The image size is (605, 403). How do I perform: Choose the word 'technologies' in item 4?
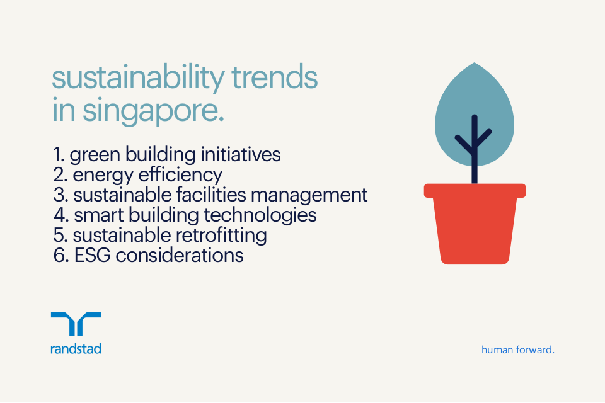pos(260,215)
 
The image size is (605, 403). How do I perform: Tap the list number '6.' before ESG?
pos(60,255)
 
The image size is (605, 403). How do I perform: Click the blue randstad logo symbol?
pos(76,324)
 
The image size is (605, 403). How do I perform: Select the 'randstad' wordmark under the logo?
pos(76,348)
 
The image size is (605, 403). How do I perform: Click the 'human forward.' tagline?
pos(517,349)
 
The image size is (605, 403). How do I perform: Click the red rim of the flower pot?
pos(475,190)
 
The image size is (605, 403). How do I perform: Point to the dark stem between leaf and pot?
pos(475,170)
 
